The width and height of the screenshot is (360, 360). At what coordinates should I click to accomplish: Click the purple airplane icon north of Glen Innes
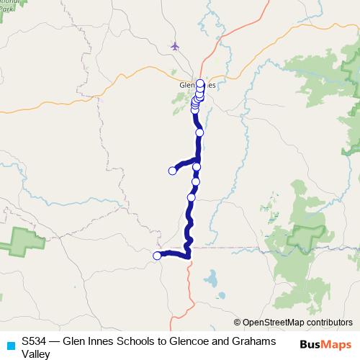[176, 46]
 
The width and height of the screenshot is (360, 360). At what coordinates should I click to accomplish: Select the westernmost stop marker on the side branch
[172, 171]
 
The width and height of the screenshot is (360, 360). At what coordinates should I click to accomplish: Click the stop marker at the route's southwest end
[157, 256]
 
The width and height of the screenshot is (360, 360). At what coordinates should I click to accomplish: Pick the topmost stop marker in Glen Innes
[200, 84]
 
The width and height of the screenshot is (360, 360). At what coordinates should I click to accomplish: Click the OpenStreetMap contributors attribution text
[297, 323]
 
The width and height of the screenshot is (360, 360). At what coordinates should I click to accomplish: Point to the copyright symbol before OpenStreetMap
[238, 323]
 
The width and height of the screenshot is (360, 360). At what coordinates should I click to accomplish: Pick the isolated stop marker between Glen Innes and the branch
[199, 133]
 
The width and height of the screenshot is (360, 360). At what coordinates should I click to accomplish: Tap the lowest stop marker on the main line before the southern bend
[192, 197]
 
